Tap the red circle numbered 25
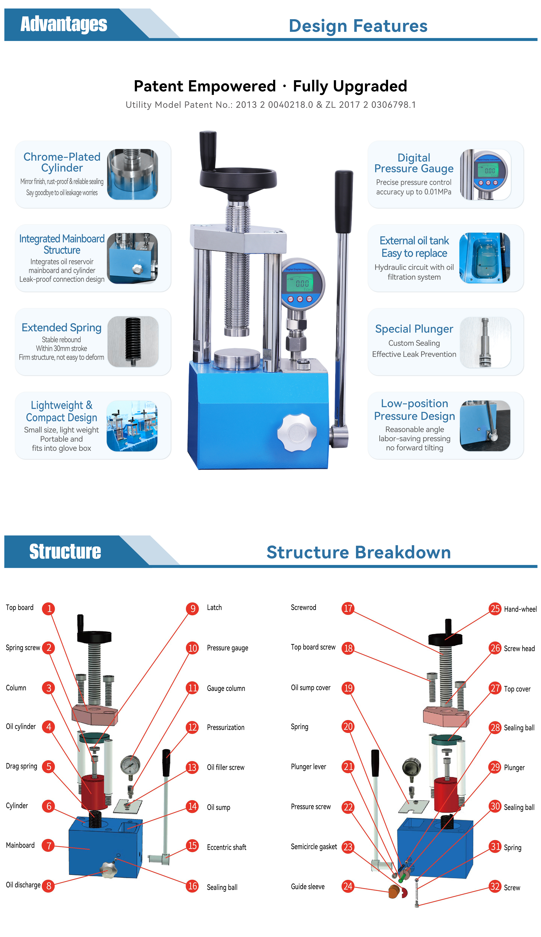tap(495, 609)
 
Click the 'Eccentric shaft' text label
tap(227, 847)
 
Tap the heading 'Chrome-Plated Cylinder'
tap(62, 162)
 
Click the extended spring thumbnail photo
tap(133, 342)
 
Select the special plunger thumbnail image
tap(485, 342)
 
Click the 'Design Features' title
tap(358, 26)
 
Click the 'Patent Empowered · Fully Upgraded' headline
tap(270, 86)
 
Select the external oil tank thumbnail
tap(485, 258)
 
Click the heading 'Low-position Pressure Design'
tap(415, 410)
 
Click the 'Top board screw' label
tap(313, 647)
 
